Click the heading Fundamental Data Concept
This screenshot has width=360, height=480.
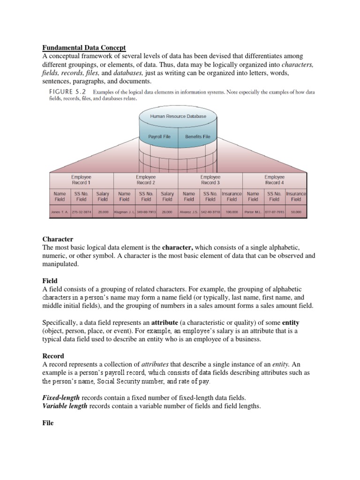pos(84,47)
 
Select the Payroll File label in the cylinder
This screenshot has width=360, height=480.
pos(159,137)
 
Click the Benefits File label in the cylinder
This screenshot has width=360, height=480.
pos(197,137)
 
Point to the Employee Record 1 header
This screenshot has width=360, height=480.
pos(81,180)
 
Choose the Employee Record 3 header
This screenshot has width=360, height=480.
pos(210,180)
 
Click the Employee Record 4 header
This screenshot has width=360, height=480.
pos(274,180)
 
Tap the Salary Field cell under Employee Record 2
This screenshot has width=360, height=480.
pos(167,196)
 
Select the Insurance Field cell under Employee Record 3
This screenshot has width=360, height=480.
pos(232,196)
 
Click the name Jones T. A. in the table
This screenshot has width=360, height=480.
pos(60,212)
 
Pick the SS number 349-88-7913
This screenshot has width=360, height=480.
pos(146,212)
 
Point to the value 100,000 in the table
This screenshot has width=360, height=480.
pos(232,212)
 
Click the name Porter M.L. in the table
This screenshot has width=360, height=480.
pos(254,212)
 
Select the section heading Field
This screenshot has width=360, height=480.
pos(50,280)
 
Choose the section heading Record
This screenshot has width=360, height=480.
pos(53,356)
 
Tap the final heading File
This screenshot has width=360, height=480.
pos(48,423)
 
